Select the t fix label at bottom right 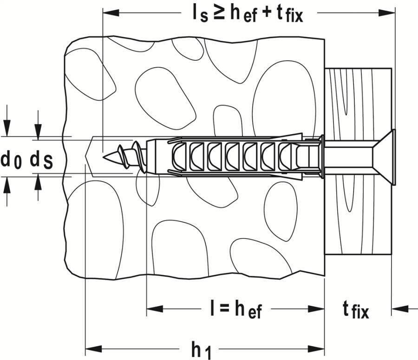tap(356, 310)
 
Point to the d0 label tap(12, 160)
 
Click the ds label tap(41, 160)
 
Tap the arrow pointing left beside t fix tap(400, 308)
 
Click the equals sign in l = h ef tap(221, 309)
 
